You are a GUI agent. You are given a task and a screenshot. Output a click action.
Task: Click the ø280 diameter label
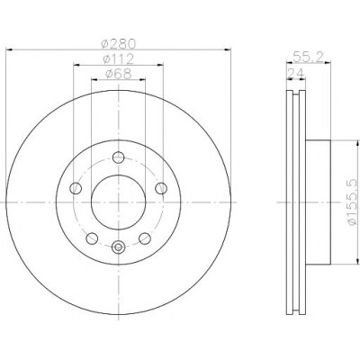coord(119,44)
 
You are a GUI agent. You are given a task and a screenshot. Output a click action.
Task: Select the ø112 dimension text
coord(118,59)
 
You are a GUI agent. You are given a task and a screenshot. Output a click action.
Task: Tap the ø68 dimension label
coord(119,74)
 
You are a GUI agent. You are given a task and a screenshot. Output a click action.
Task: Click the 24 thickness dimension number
coord(296,73)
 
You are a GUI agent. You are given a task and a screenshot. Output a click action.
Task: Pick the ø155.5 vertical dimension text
coord(354,202)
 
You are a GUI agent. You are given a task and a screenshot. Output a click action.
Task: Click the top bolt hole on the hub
coord(119,157)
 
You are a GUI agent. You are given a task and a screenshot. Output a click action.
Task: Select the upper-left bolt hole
coord(76,188)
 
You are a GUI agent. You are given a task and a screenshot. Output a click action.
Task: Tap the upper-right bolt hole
coord(161,188)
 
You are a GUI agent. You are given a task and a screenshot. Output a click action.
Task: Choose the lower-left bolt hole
coord(92,238)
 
